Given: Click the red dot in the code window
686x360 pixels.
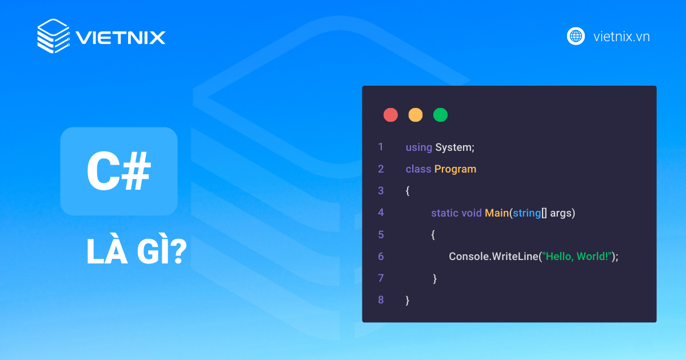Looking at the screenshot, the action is (x=390, y=115).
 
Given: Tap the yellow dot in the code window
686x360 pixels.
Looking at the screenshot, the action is (x=416, y=115).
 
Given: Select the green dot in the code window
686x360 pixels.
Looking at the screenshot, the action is (x=440, y=115).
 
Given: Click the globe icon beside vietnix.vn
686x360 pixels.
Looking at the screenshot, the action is (x=576, y=36).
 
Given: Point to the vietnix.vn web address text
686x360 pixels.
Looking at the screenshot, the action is (x=621, y=37).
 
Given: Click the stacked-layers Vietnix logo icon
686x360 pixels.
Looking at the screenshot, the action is (x=54, y=36).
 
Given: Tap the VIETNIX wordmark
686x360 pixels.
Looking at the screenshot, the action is (x=121, y=38).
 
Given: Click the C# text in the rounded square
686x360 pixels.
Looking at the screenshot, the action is (x=119, y=171).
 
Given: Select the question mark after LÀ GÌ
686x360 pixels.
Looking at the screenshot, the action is (x=178, y=251).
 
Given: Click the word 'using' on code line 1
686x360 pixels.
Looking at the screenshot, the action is (x=418, y=147).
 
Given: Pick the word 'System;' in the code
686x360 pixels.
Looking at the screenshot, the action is (x=455, y=147).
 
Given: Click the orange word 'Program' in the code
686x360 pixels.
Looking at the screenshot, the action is (x=455, y=170).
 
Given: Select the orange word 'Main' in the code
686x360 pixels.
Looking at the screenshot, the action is (x=497, y=213).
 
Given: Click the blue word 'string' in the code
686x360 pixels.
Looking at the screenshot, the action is (x=527, y=213).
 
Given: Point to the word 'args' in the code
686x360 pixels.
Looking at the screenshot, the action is (x=561, y=214).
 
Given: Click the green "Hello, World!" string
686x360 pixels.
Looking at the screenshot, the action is (x=577, y=257).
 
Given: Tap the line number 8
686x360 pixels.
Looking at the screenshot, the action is (x=381, y=300).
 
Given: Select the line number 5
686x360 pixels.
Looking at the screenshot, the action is (x=381, y=235).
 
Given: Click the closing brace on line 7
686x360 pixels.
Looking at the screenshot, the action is (x=434, y=279).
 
